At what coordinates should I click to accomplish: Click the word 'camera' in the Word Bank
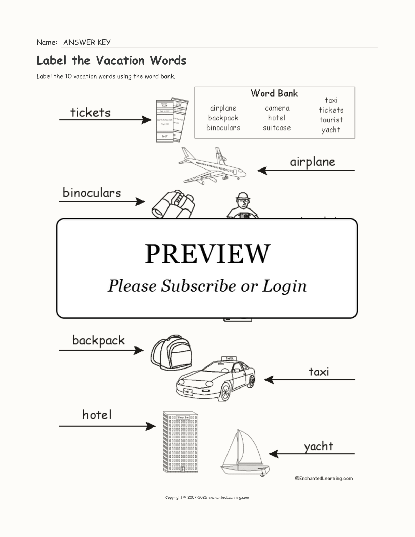tap(277, 108)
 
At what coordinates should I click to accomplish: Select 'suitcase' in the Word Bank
tap(277, 128)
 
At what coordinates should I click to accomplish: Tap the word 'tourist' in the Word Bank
tap(331, 120)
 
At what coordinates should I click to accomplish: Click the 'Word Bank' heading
tap(274, 93)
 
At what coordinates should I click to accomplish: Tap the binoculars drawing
tap(173, 204)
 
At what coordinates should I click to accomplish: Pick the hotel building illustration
tap(180, 442)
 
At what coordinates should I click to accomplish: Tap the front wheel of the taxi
tap(225, 392)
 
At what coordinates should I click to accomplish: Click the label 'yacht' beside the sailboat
tap(318, 446)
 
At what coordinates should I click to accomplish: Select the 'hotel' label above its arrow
tap(97, 415)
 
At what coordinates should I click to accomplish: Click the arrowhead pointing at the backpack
tap(139, 350)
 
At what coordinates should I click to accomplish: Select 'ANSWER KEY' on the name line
tap(87, 42)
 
